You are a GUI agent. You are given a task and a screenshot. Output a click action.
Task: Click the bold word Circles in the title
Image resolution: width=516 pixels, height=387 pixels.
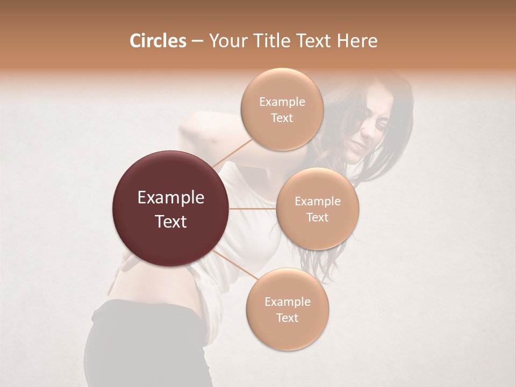click(x=157, y=41)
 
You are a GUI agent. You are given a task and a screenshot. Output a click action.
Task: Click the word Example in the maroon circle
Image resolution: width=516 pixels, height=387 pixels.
click(x=171, y=198)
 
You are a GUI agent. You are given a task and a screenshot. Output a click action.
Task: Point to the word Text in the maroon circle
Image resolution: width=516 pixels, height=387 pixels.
click(x=171, y=221)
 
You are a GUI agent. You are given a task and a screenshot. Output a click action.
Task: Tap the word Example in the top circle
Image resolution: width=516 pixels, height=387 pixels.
click(x=282, y=102)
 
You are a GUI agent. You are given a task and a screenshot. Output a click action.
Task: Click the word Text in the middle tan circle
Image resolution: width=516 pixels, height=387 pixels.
click(x=318, y=217)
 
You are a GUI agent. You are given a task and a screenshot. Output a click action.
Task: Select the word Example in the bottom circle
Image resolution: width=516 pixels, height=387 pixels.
click(x=287, y=302)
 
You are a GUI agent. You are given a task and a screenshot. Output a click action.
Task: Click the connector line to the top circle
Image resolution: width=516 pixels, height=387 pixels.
click(x=232, y=153)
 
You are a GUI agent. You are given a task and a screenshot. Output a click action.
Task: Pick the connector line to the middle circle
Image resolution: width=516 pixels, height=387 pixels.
click(x=253, y=209)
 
